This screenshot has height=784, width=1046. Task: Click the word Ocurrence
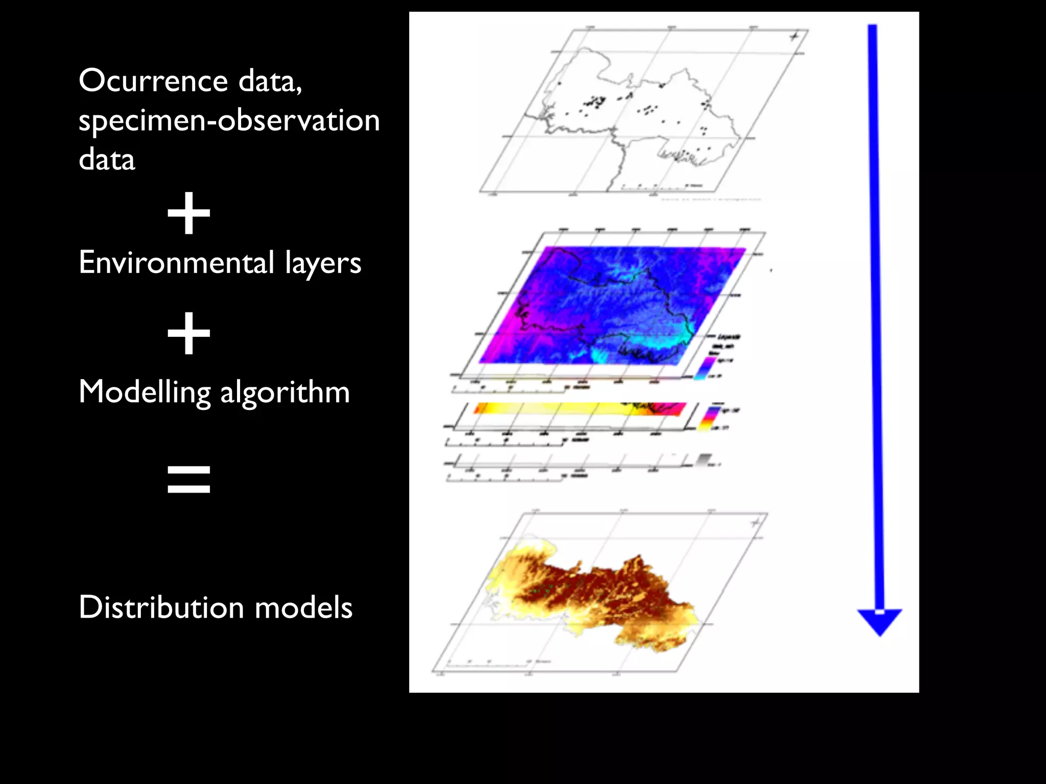(154, 81)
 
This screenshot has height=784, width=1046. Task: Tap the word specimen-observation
(229, 120)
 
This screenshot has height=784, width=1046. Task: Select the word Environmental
(176, 262)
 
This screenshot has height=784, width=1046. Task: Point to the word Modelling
(145, 393)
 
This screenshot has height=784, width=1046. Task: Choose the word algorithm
(285, 393)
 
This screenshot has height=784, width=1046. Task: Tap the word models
(303, 607)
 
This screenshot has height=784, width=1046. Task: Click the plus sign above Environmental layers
(189, 213)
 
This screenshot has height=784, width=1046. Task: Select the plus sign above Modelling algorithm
(189, 333)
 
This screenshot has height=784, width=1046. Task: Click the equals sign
(189, 479)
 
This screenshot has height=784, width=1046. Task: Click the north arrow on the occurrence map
(794, 36)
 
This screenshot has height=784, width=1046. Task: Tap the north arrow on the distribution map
(756, 523)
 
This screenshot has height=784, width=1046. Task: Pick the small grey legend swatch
(704, 459)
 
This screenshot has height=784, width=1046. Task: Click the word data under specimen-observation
(107, 160)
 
